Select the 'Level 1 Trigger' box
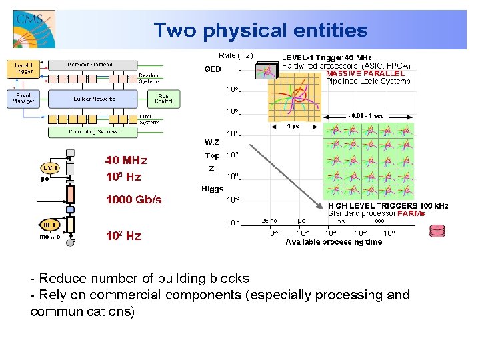click(x=23, y=68)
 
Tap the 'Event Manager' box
click(x=23, y=99)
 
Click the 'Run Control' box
click(x=163, y=99)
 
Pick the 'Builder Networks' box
click(x=93, y=99)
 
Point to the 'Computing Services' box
click(x=93, y=131)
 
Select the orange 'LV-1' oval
click(x=51, y=168)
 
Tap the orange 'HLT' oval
click(x=50, y=225)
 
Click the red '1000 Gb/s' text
click(x=133, y=199)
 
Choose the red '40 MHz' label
click(x=126, y=160)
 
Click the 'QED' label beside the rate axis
click(x=212, y=69)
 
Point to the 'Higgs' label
click(x=212, y=189)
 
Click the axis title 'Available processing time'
click(x=334, y=242)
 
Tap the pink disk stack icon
click(x=437, y=231)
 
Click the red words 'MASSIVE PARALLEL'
click(x=365, y=73)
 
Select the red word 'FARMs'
click(x=411, y=214)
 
